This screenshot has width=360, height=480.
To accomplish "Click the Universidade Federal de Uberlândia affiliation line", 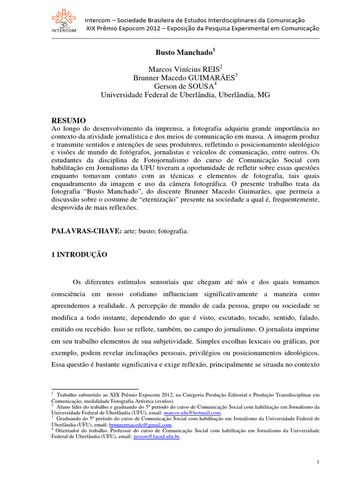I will [186, 95].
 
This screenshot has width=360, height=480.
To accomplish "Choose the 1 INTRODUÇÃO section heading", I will [79, 255].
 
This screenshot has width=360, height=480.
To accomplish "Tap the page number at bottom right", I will [318, 463].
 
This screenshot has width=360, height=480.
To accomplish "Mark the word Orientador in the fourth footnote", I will [70, 430].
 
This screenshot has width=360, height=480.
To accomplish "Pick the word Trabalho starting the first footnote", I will [70, 395].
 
